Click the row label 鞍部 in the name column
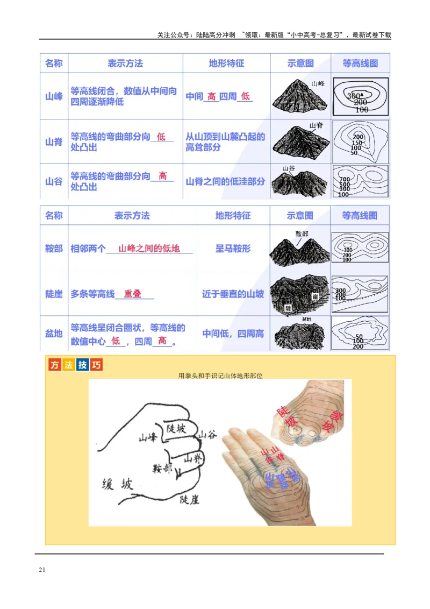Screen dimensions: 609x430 [x=54, y=249]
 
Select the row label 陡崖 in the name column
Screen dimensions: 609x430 [x=54, y=294]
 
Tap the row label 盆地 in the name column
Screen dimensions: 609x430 [x=54, y=334]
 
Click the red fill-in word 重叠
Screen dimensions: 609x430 [x=132, y=294]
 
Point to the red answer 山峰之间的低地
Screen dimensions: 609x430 [x=149, y=249]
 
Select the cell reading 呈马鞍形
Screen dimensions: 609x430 [x=233, y=249]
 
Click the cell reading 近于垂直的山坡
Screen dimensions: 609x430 [x=233, y=294]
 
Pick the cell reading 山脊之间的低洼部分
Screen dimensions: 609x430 [x=225, y=181]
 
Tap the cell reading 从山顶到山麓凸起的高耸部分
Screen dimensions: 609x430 [x=225, y=141]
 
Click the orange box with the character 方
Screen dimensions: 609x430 [x=54, y=365]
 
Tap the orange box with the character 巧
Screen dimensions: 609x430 [x=96, y=365]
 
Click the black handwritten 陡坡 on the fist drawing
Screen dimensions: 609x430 [x=176, y=428]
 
